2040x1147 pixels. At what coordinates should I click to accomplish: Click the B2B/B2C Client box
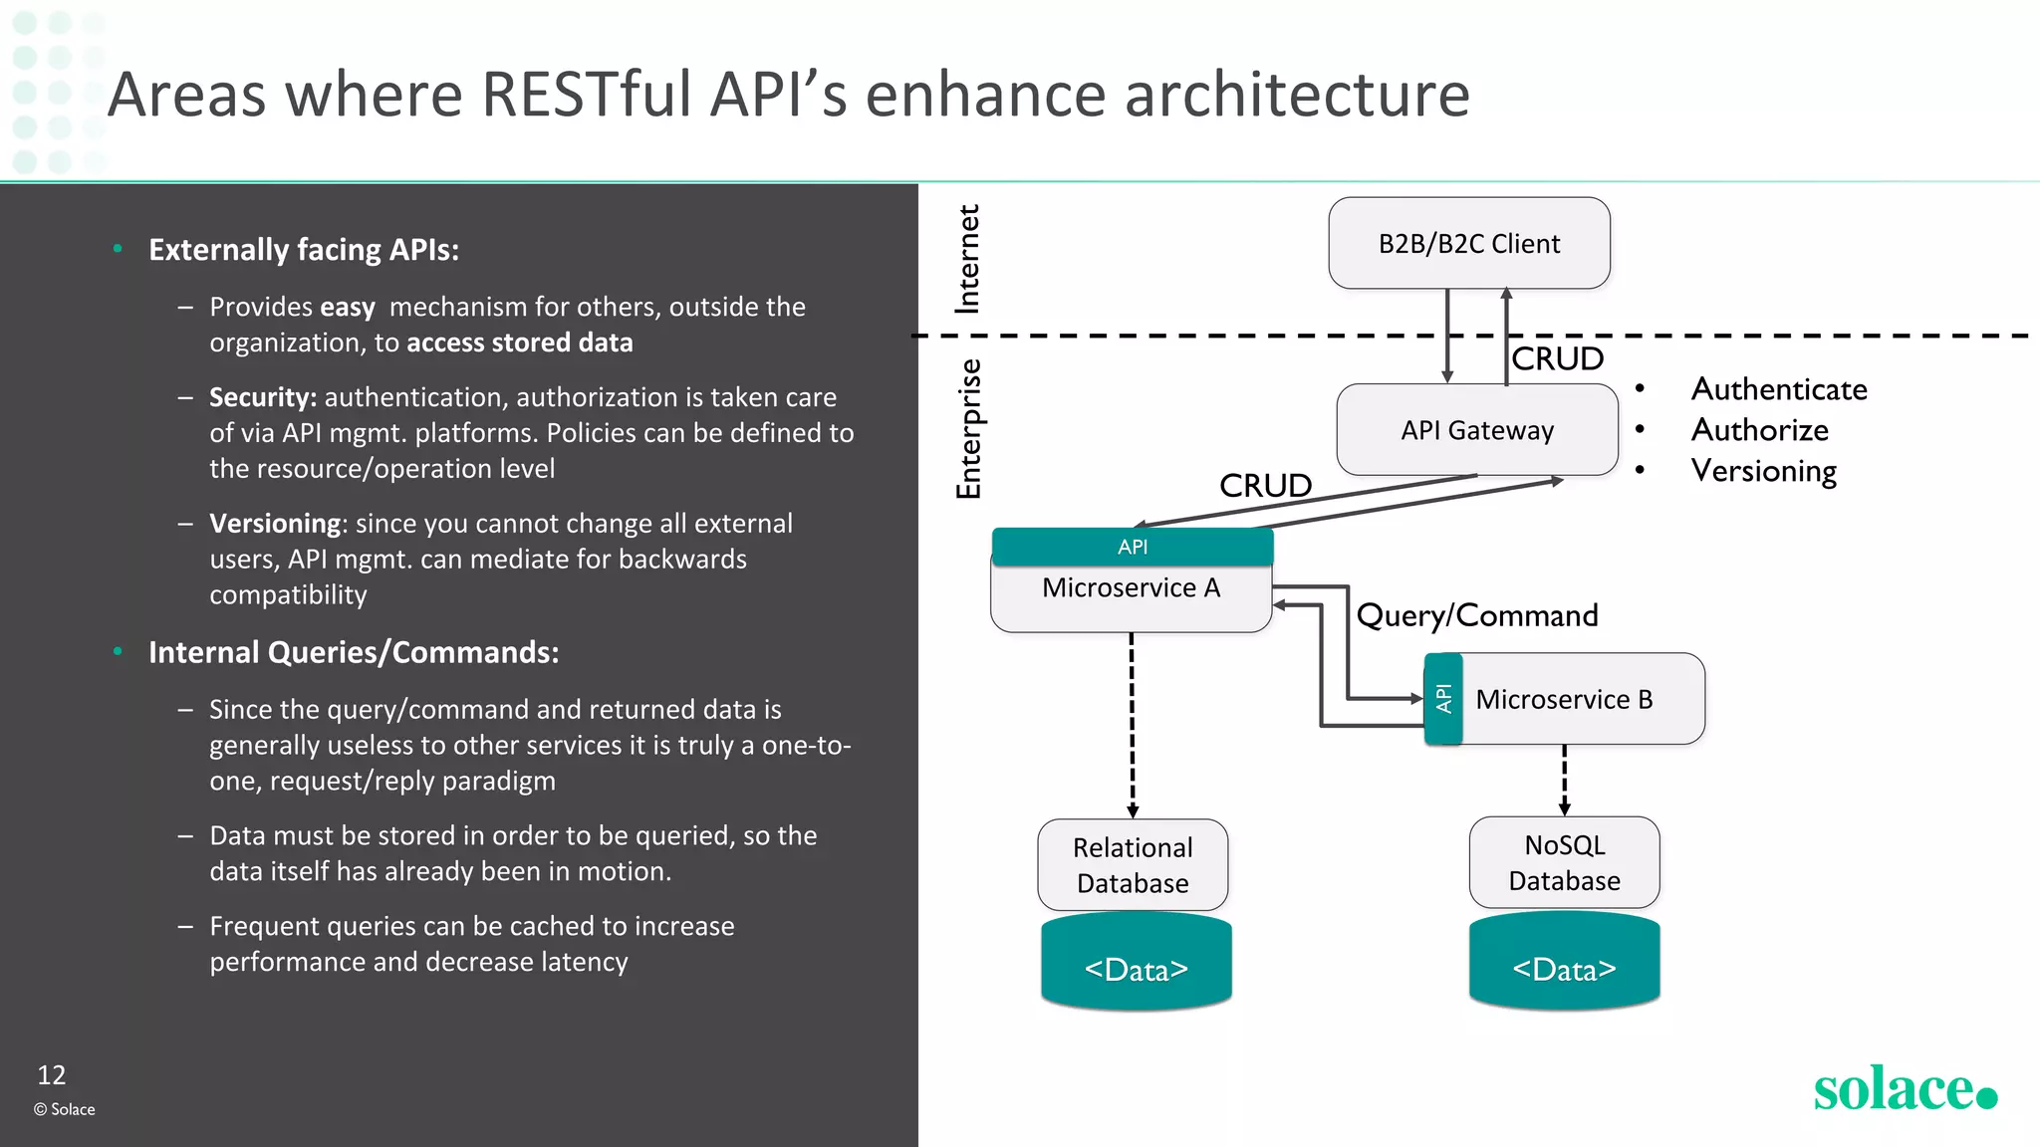[1468, 243]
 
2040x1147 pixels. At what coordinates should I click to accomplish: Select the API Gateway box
[1476, 430]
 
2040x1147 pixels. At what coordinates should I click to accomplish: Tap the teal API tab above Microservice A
[1133, 547]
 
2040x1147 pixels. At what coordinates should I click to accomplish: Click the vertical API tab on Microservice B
[1443, 699]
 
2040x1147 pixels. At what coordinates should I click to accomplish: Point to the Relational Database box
[1133, 864]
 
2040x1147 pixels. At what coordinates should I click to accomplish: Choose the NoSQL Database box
[1564, 862]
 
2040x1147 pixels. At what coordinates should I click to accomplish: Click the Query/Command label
[1476, 615]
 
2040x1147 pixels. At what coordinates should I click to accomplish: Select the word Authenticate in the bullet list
[1779, 389]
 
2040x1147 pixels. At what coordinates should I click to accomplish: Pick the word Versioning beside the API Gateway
[1763, 471]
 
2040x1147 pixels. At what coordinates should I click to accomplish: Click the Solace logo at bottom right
[1904, 1089]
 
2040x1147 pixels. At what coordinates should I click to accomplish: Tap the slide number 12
[51, 1075]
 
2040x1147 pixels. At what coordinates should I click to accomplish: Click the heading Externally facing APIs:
[304, 250]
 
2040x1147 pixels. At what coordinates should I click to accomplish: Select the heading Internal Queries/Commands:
[354, 652]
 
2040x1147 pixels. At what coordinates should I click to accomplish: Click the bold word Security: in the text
[263, 397]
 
